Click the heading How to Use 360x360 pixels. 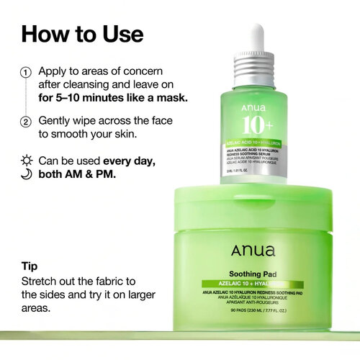pyautogui.click(x=82, y=34)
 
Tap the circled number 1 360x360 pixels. pyautogui.click(x=25, y=73)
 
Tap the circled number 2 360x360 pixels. pyautogui.click(x=25, y=121)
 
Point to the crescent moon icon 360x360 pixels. pyautogui.click(x=26, y=174)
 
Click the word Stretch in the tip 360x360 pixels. pyautogui.click(x=40, y=280)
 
